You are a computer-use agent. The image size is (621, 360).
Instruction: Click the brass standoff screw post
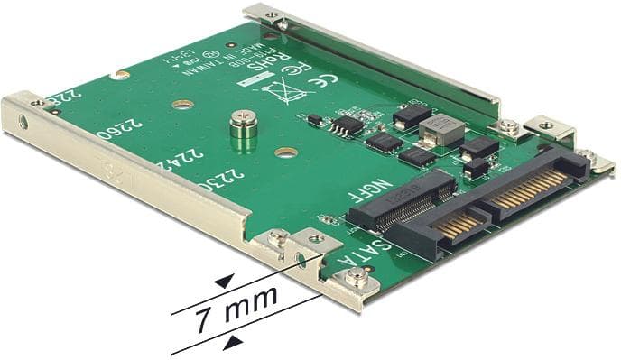coord(241,127)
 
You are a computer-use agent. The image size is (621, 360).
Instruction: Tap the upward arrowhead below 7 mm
coord(233,340)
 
